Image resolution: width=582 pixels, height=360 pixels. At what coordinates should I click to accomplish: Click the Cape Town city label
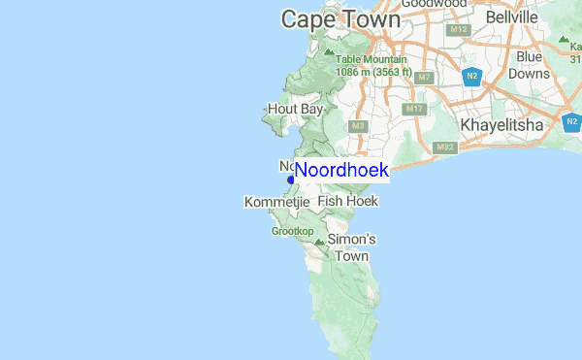pyautogui.click(x=339, y=19)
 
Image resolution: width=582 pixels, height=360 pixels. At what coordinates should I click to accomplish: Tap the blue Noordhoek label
pyautogui.click(x=341, y=171)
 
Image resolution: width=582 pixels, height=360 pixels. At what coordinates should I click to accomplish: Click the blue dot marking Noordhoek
pyautogui.click(x=290, y=180)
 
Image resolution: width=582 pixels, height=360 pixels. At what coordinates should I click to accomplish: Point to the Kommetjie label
pyautogui.click(x=276, y=201)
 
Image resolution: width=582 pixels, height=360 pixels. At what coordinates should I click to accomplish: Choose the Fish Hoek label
pyautogui.click(x=347, y=201)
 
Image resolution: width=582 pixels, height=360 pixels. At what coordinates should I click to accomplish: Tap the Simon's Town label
pyautogui.click(x=351, y=247)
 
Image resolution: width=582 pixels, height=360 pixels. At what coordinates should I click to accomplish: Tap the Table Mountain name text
pyautogui.click(x=371, y=59)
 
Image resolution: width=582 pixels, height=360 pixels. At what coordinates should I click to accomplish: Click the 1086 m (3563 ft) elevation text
pyautogui.click(x=372, y=72)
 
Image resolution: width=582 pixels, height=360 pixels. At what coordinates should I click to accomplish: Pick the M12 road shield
pyautogui.click(x=460, y=30)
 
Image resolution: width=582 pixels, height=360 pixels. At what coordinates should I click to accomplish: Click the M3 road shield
pyautogui.click(x=358, y=126)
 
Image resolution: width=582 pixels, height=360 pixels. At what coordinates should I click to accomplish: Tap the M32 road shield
pyautogui.click(x=445, y=147)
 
